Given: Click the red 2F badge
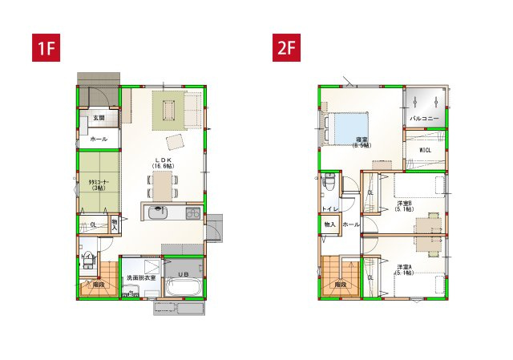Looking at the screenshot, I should coord(287,48).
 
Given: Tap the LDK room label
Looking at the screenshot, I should coord(164,162).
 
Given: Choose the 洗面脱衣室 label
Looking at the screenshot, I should coord(140,278).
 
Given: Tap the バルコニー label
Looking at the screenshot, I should coord(425,118).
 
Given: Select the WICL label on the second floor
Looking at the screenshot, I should coord(426,150).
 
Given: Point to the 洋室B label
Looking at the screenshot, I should coord(405,204).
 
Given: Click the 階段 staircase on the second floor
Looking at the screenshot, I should coord(340,277).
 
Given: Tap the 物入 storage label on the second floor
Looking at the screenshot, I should coord(329,225).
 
